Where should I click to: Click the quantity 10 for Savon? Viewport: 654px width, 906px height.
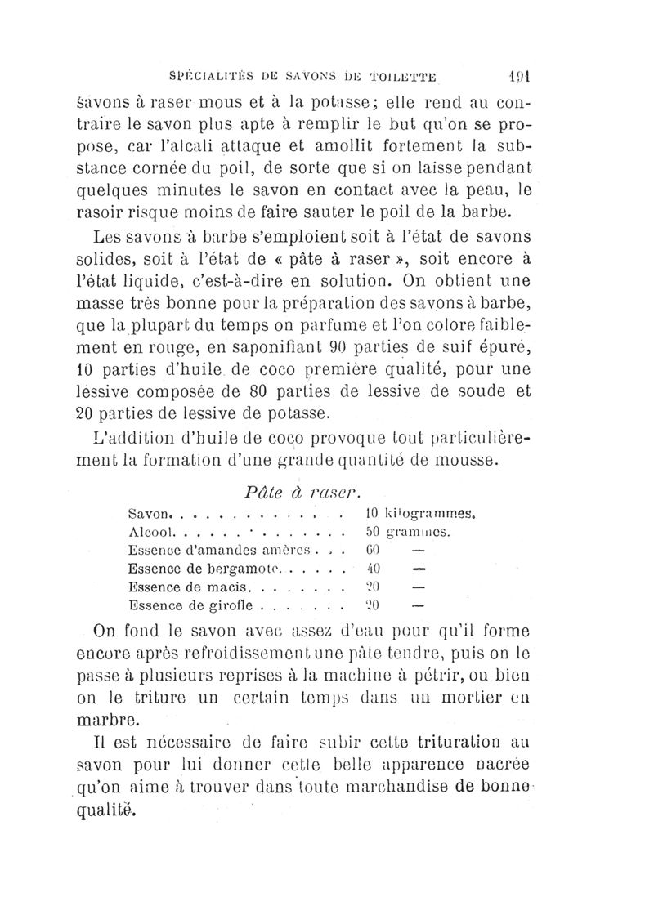tap(369, 515)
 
